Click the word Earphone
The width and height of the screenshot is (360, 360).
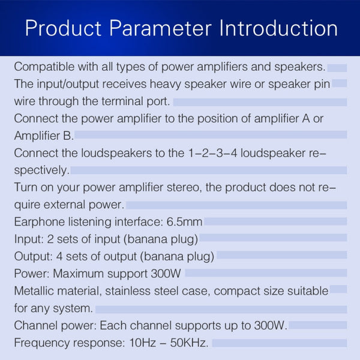pyautogui.click(x=38, y=222)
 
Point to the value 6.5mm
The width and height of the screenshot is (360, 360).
pyautogui.click(x=186, y=222)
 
